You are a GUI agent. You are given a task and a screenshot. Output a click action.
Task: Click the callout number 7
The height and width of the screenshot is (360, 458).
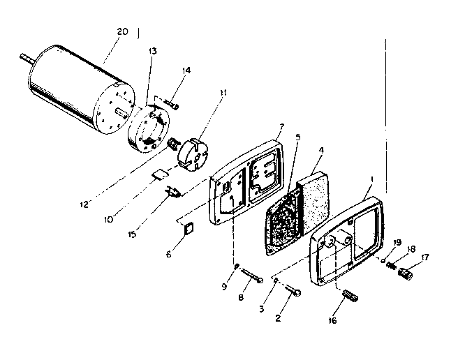tap(281, 127)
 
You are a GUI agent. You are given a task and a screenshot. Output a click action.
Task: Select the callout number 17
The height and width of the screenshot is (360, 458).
tap(425, 257)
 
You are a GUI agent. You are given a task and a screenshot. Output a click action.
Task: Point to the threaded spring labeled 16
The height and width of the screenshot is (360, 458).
tap(350, 297)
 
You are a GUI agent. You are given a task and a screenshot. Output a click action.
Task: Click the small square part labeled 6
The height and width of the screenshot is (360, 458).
tap(187, 227)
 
